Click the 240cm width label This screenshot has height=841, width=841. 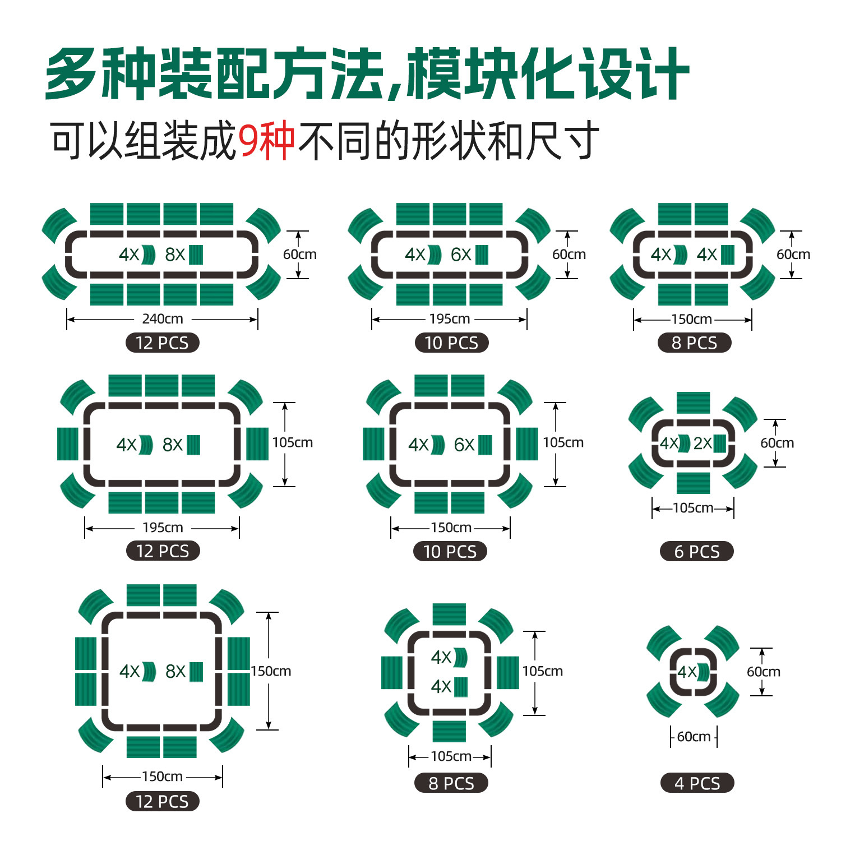(163, 319)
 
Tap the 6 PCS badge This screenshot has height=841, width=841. (696, 552)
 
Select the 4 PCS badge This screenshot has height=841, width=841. (697, 783)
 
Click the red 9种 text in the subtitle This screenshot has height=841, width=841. (267, 141)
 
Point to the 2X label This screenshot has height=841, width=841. (703, 443)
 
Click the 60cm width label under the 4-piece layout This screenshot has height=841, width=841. (694, 737)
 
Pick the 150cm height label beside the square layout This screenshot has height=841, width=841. (271, 671)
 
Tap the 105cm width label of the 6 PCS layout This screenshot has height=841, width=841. (693, 508)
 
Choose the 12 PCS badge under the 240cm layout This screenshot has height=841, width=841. (162, 343)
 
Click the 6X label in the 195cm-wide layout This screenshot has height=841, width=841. (461, 255)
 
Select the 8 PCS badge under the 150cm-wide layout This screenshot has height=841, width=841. (694, 343)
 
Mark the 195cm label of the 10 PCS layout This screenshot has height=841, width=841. (450, 319)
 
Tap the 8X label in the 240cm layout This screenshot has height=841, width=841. (175, 255)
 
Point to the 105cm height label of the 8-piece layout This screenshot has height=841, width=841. (543, 671)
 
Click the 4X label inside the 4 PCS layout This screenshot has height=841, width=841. (687, 672)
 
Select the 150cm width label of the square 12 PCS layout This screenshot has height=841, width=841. (163, 777)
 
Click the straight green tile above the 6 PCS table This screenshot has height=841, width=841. (693, 403)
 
